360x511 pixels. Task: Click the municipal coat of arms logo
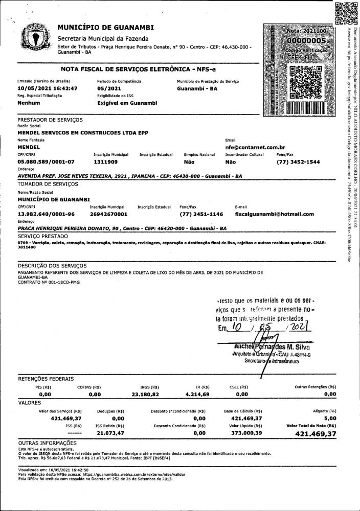point(34,38)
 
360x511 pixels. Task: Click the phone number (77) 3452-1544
point(298,161)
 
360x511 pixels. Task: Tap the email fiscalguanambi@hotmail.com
point(274,214)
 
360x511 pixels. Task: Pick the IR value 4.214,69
point(196,394)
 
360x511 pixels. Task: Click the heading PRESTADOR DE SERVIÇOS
point(50,120)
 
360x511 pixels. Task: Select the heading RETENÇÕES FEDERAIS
point(46,379)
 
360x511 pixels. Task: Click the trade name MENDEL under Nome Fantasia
point(29,147)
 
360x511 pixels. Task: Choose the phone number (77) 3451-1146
point(201,214)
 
